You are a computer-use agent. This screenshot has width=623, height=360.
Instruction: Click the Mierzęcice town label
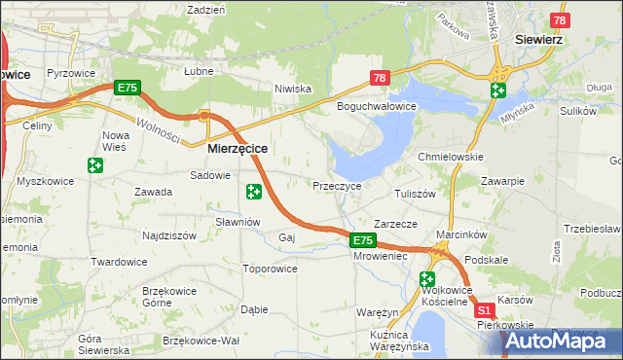click(238, 149)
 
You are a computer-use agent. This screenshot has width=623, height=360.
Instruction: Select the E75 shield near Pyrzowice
click(128, 88)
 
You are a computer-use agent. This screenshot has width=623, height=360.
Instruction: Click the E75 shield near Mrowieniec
click(362, 240)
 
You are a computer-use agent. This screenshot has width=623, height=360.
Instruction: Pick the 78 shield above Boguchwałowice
click(381, 78)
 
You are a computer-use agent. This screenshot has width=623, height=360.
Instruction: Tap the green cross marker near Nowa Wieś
click(94, 166)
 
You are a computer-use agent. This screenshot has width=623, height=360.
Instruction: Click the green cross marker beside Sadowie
click(254, 192)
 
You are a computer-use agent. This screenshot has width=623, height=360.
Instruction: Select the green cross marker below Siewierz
click(497, 91)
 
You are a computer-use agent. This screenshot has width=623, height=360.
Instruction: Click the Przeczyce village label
click(337, 185)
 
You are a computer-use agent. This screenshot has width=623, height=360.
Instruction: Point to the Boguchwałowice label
click(377, 106)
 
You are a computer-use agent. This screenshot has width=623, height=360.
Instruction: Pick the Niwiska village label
click(292, 89)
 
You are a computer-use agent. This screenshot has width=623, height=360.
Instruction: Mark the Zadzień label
click(205, 9)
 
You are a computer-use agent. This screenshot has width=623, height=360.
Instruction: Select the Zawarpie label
click(503, 181)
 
